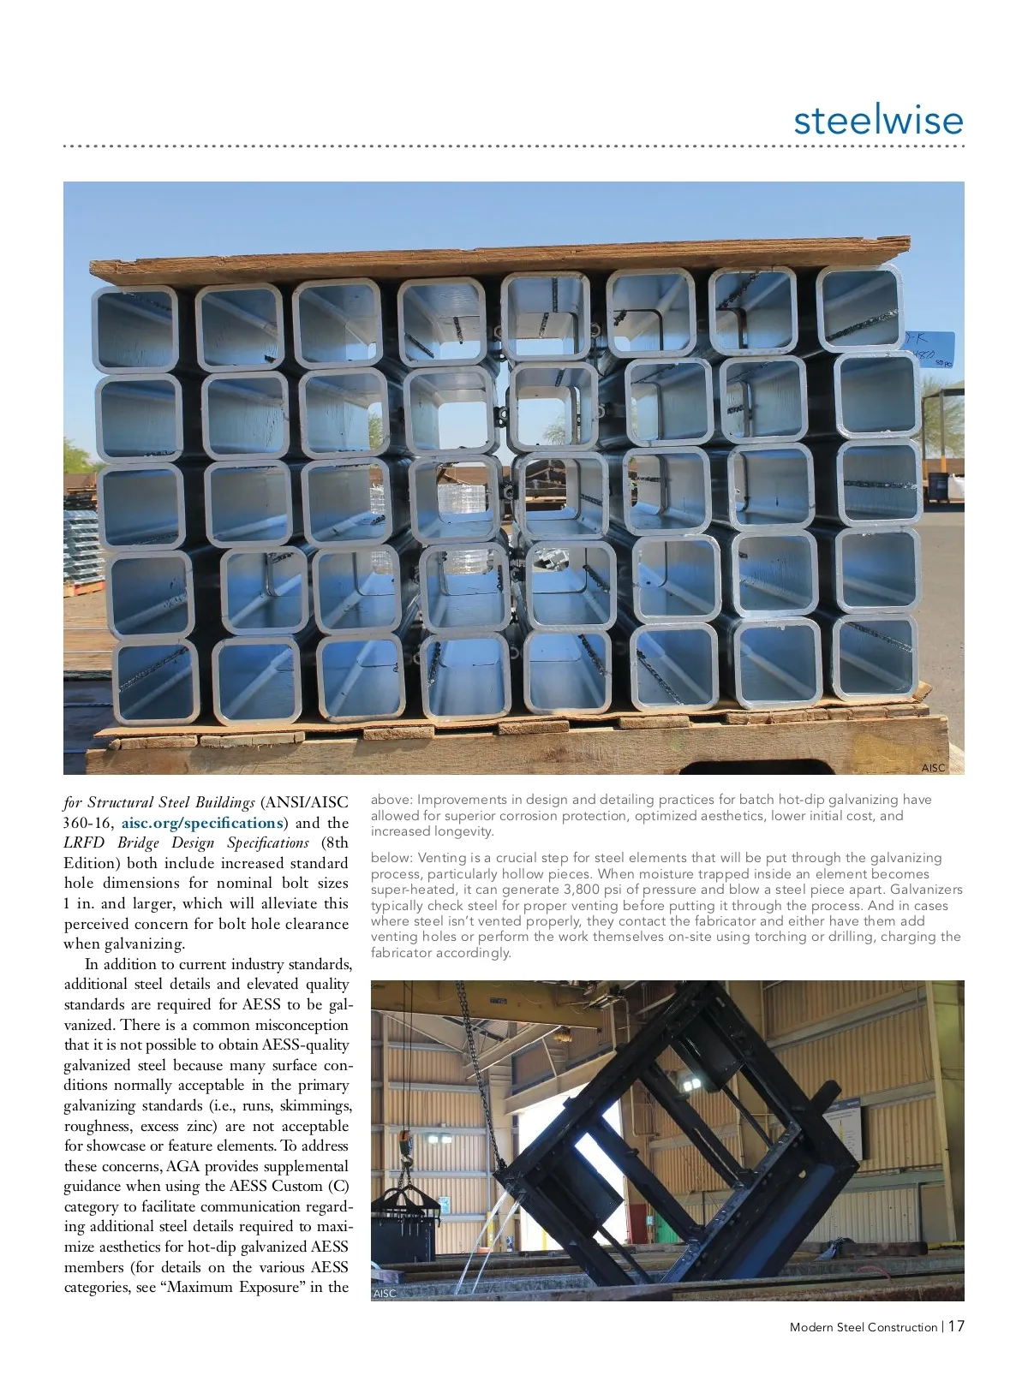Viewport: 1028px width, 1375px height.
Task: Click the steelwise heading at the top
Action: click(x=878, y=120)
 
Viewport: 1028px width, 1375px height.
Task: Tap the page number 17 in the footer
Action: click(x=956, y=1326)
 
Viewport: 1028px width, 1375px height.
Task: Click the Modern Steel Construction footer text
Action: click(x=863, y=1327)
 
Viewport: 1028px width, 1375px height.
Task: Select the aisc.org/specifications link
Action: click(x=202, y=823)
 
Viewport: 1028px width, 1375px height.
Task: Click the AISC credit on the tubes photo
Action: click(x=933, y=768)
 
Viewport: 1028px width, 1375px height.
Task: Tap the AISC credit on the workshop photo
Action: click(x=385, y=1294)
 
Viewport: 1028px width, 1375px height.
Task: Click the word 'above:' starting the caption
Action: click(x=391, y=800)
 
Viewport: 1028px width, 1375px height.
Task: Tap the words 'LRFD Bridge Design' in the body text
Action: click(x=139, y=842)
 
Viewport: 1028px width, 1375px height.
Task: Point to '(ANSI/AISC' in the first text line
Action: click(x=304, y=802)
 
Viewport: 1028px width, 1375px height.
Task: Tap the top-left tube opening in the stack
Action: click(x=135, y=329)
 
